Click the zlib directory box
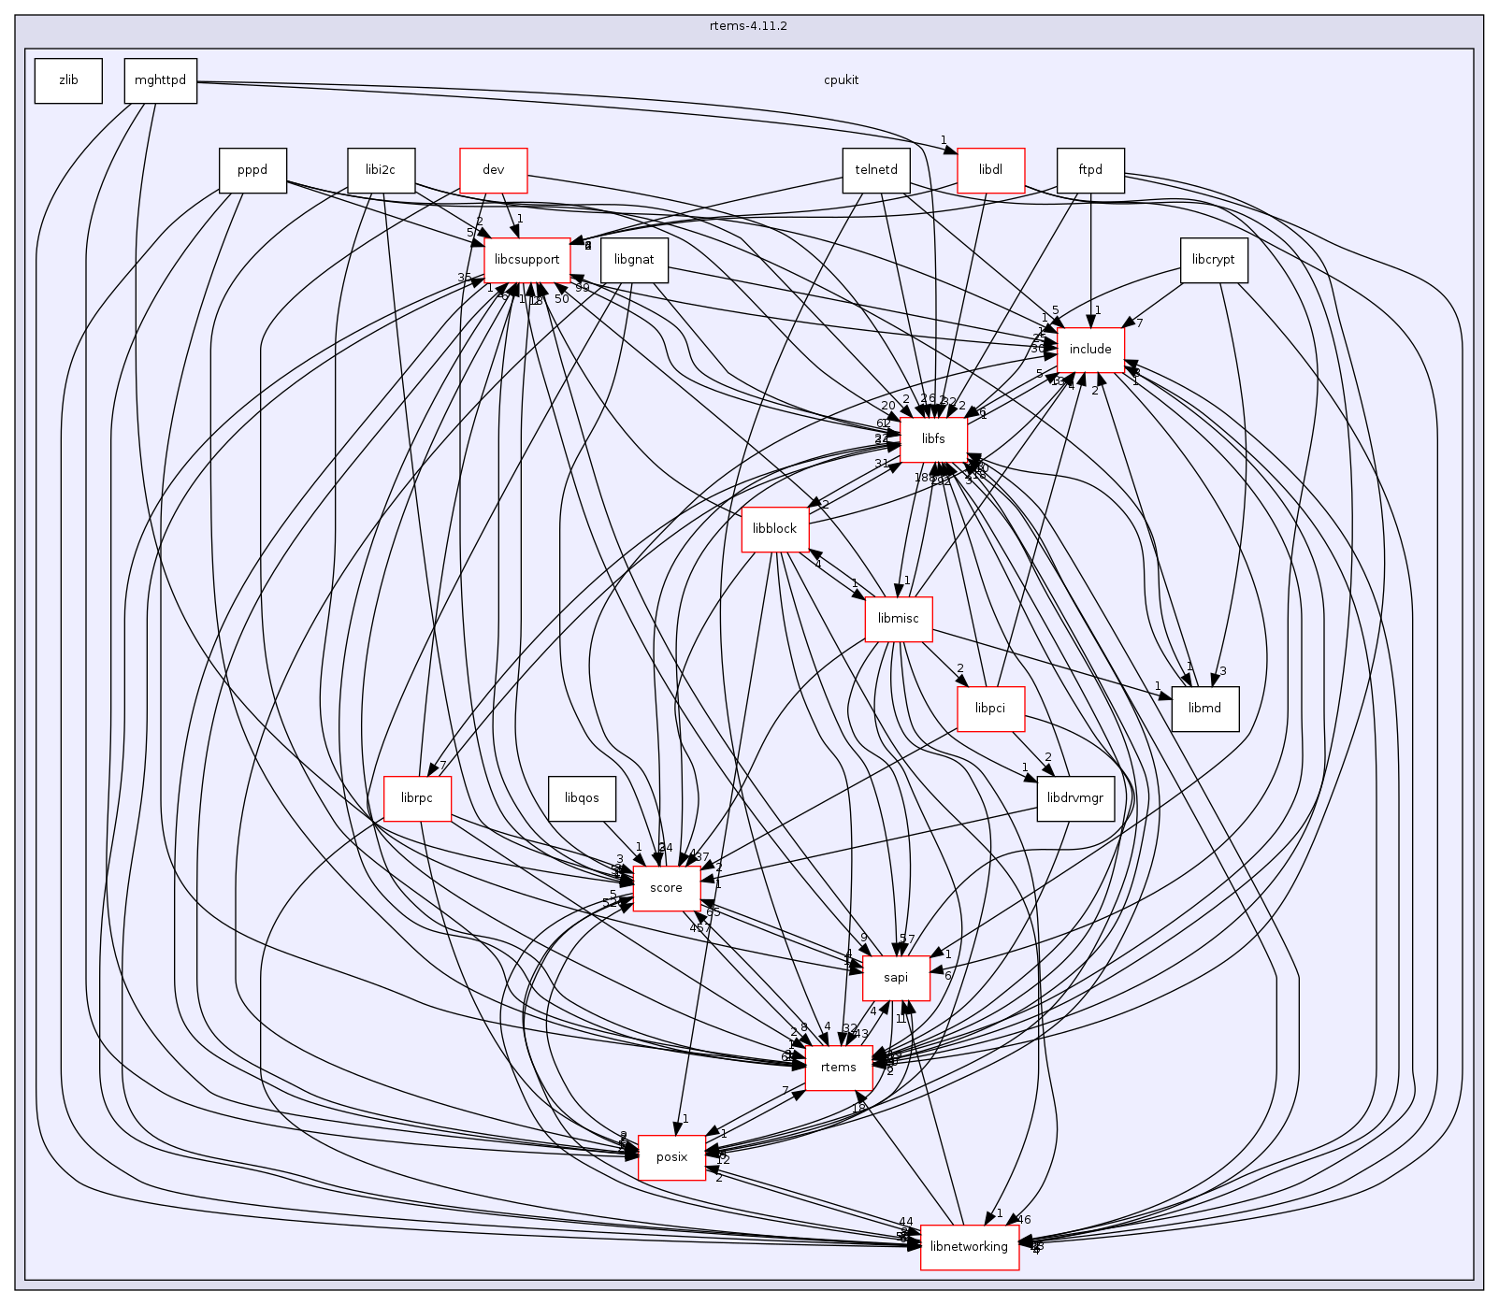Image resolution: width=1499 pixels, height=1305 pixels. pos(68,80)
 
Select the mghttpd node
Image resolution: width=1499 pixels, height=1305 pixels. pos(161,80)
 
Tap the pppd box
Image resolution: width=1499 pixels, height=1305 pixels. pos(252,170)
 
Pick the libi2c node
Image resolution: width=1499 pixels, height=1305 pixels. pos(381,170)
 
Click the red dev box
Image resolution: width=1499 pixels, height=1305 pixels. pos(494,170)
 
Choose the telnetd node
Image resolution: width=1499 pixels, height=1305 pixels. pos(876,170)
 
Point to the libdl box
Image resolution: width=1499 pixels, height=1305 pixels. pos(990,170)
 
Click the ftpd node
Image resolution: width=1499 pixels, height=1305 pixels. pos(1090,170)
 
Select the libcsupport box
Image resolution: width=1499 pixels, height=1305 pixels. pos(527,260)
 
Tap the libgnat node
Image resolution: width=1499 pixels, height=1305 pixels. pos(634,260)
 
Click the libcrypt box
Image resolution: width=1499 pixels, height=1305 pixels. pos(1214,260)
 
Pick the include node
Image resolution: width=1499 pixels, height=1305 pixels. pos(1090,350)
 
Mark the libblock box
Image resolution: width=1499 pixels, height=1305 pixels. pos(774,529)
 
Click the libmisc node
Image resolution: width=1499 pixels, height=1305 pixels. pos(898,619)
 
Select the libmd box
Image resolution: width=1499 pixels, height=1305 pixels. pos(1204,709)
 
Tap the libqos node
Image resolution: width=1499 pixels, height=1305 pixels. pos(582,798)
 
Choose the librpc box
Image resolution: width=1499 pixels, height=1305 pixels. pos(417,798)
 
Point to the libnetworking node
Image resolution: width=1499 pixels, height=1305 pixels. pos(970,1247)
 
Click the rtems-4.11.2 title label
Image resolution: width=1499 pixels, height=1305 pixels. pos(748,26)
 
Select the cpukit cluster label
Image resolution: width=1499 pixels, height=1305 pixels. pos(842,80)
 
